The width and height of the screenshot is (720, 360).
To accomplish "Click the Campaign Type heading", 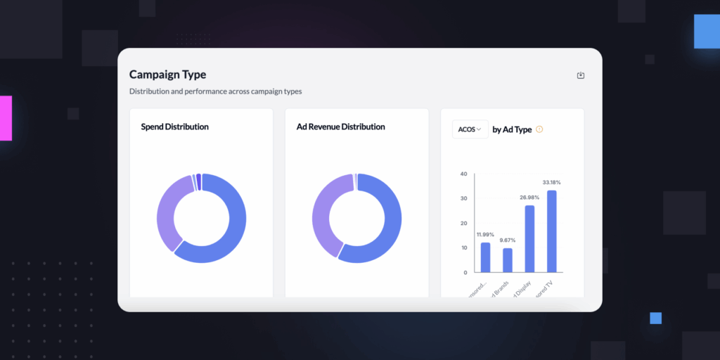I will [167, 75].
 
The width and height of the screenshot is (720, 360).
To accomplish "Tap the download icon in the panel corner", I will [581, 75].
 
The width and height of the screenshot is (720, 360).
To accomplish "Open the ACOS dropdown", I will [470, 129].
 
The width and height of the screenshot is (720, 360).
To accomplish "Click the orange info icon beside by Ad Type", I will [539, 129].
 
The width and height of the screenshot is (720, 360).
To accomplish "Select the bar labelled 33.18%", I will [552, 231].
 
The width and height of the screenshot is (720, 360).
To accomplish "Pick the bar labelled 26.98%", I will [530, 239].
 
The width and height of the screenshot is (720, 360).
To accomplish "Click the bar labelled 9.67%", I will [508, 260].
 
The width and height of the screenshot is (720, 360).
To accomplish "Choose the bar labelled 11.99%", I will [485, 257].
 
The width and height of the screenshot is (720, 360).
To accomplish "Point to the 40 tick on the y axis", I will [463, 174].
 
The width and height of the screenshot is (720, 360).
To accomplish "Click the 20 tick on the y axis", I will [463, 223].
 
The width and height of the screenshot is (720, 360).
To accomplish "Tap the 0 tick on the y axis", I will [465, 272].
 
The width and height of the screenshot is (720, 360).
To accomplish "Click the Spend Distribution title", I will [174, 127].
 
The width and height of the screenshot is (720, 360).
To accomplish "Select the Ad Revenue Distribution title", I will [341, 127].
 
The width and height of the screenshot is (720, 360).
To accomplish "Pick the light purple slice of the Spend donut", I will [166, 207].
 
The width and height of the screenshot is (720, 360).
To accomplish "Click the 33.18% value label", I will [552, 183].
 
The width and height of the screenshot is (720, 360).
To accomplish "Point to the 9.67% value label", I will [508, 240].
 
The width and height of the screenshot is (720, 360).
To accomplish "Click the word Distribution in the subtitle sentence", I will [151, 91].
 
